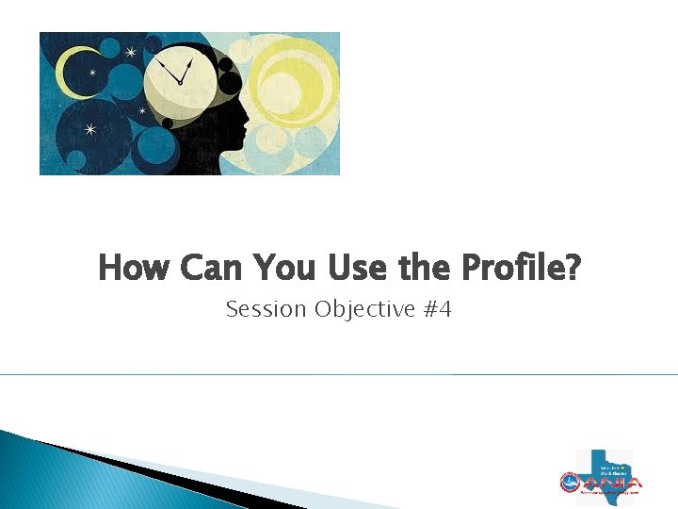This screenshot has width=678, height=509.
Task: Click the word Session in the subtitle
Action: point(266,309)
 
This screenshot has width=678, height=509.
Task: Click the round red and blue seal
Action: point(570,483)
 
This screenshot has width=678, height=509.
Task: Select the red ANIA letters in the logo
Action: point(611,481)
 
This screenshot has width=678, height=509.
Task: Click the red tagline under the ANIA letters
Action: point(611,492)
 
